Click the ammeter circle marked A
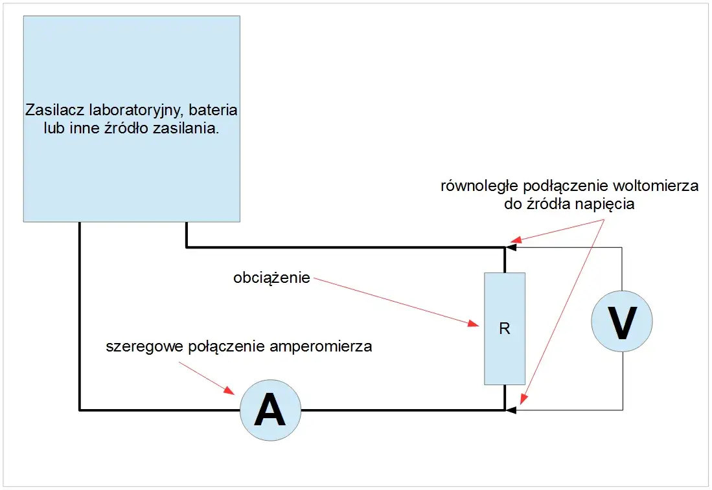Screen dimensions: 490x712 click(270, 410)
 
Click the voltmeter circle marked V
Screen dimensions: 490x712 click(622, 322)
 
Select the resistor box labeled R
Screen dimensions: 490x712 click(505, 329)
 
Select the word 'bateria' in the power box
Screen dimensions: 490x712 click(216, 109)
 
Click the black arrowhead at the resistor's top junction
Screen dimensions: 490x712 click(511, 247)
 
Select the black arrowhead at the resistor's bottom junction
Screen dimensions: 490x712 click(511, 410)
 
